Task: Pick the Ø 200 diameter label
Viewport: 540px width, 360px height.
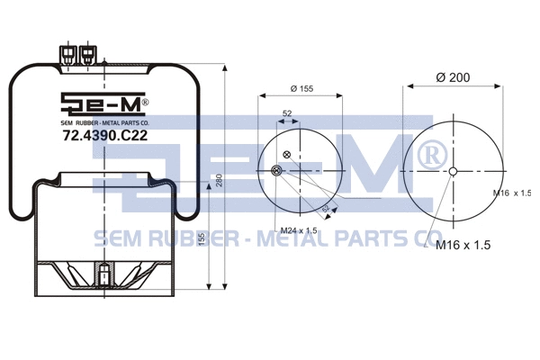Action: [x=454, y=78]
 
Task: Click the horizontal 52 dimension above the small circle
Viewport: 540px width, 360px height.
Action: [x=287, y=113]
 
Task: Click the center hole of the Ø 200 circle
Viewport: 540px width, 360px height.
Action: [x=454, y=173]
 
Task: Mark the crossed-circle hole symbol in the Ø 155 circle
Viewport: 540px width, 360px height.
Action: [x=287, y=155]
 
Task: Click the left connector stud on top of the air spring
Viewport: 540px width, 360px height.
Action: [x=67, y=56]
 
